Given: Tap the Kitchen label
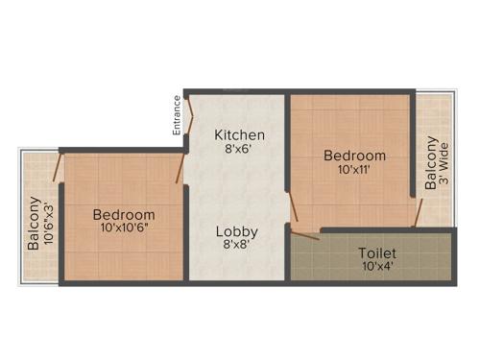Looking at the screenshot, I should click(239, 134).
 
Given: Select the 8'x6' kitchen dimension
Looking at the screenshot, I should click(239, 150).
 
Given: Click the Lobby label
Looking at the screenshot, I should click(235, 231).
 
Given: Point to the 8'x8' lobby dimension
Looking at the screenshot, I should click(235, 247).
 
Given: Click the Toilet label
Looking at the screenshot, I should click(377, 253).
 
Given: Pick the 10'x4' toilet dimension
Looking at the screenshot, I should click(377, 267).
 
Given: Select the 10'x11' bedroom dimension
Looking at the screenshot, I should click(354, 170).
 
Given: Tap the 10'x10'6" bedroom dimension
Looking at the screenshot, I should click(124, 228).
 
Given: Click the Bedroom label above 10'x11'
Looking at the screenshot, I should click(354, 156).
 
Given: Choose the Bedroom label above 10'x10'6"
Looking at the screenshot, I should click(124, 214).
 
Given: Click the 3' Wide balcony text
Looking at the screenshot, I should click(444, 165).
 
